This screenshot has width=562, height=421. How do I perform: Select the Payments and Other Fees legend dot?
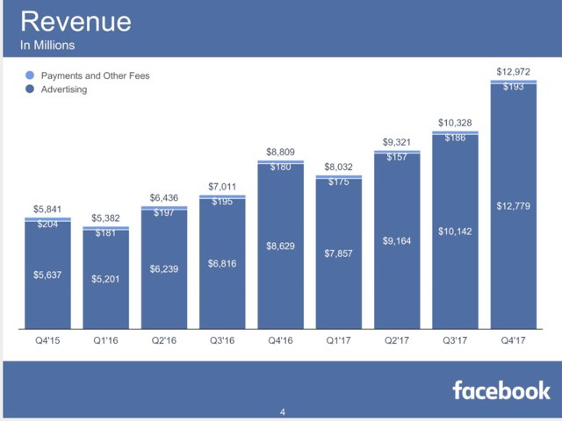32,75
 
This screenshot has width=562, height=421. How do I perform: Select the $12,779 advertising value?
513,206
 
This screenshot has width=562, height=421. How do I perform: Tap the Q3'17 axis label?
455,341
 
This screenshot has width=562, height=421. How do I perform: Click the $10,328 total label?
455,122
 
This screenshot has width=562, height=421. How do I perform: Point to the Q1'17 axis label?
339,341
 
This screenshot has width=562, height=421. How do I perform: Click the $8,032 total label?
339,166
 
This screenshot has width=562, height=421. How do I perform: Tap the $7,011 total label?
223,186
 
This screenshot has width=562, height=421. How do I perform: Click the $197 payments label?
165,213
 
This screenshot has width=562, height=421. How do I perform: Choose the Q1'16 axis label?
107,341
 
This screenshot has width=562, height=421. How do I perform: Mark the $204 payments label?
47,224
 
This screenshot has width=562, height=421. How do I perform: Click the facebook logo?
501,390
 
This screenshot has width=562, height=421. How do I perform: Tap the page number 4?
282,411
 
